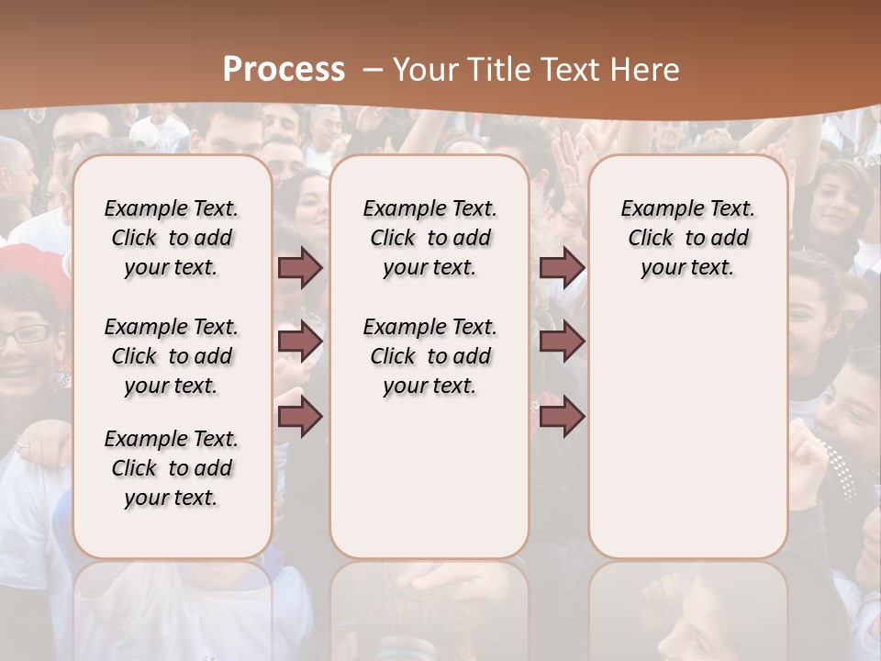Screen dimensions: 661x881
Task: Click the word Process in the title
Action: (284, 70)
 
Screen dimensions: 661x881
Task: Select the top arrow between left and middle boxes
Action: (300, 267)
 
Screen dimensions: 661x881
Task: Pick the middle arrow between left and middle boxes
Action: (300, 342)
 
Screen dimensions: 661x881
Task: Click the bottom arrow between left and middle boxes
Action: (300, 418)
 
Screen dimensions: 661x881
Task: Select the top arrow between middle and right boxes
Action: (562, 267)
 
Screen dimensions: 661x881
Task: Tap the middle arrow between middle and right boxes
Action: (562, 342)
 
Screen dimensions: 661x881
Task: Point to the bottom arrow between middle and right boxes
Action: (562, 418)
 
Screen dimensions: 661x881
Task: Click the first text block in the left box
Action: (172, 238)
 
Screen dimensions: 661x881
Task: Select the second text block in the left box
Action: (172, 356)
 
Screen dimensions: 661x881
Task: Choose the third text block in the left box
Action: (172, 468)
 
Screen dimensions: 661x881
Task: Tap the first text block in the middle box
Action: (429, 238)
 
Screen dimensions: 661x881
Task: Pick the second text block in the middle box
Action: (429, 356)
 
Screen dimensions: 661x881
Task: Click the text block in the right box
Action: (687, 238)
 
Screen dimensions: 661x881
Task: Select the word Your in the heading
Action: (428, 70)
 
